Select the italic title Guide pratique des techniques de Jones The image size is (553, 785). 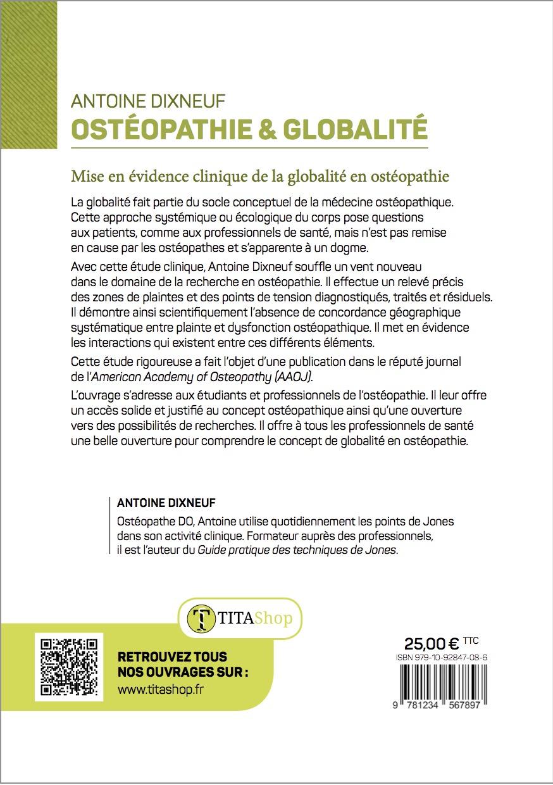click(297, 549)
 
